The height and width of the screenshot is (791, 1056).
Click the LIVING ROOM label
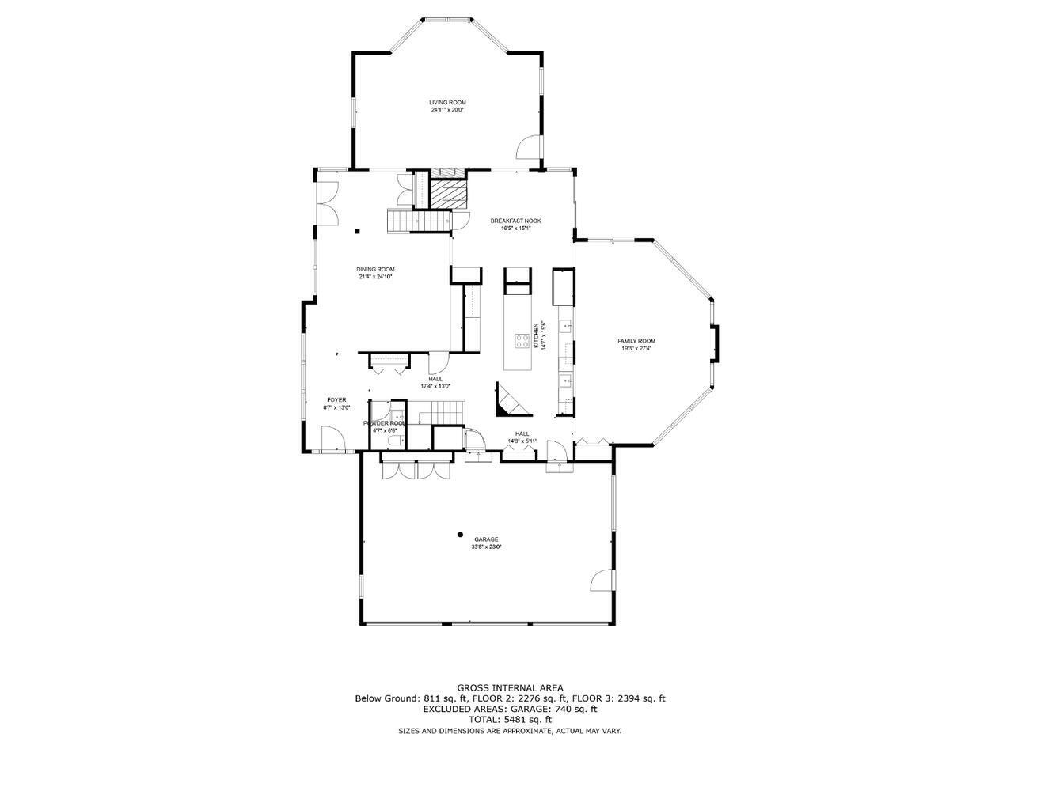(447, 102)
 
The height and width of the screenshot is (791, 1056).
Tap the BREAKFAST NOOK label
(515, 221)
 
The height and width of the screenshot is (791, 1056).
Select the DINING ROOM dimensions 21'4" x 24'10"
(375, 277)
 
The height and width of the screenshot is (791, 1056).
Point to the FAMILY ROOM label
(636, 341)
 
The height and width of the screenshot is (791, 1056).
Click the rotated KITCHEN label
(536, 335)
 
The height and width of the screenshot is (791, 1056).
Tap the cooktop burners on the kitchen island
(522, 341)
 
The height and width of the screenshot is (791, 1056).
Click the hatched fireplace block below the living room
(447, 194)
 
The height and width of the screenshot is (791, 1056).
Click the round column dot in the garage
(460, 535)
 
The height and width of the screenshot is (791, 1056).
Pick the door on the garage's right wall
(602, 580)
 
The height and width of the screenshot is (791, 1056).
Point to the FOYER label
(336, 400)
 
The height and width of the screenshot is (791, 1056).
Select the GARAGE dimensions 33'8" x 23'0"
(486, 547)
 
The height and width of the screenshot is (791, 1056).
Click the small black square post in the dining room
(358, 231)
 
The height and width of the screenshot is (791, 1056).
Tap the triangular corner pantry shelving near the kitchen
(509, 400)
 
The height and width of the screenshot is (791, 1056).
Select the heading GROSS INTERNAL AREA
(510, 688)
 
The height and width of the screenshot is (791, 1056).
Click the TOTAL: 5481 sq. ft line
(510, 720)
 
